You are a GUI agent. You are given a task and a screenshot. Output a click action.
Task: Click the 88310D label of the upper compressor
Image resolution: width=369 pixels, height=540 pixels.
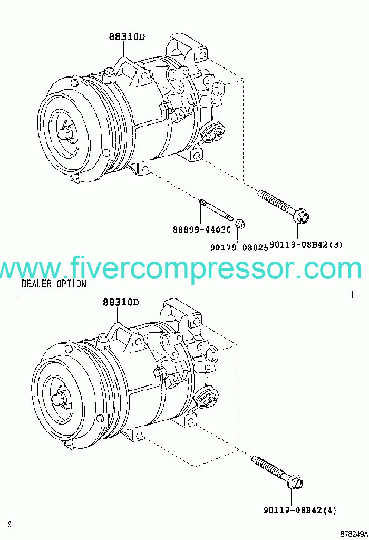(x=127, y=37)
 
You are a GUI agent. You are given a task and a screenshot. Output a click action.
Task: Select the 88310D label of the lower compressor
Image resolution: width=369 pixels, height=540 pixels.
(x=120, y=303)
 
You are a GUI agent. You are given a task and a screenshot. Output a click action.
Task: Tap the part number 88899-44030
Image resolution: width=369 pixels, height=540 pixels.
(x=202, y=229)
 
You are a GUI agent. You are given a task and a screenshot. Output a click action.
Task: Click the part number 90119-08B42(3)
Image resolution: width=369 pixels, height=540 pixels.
(x=306, y=245)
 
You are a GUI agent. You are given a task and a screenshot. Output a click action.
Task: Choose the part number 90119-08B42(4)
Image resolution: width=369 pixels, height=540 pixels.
(x=299, y=510)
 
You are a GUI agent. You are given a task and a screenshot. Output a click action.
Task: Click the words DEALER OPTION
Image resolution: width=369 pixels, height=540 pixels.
(x=54, y=284)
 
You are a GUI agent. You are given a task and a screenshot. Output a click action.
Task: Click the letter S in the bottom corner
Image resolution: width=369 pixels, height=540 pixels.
(x=9, y=524)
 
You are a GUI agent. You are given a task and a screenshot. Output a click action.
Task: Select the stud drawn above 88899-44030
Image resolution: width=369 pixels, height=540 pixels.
(x=216, y=210)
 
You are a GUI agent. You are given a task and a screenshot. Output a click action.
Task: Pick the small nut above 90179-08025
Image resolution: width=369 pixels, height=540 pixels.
(x=240, y=224)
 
